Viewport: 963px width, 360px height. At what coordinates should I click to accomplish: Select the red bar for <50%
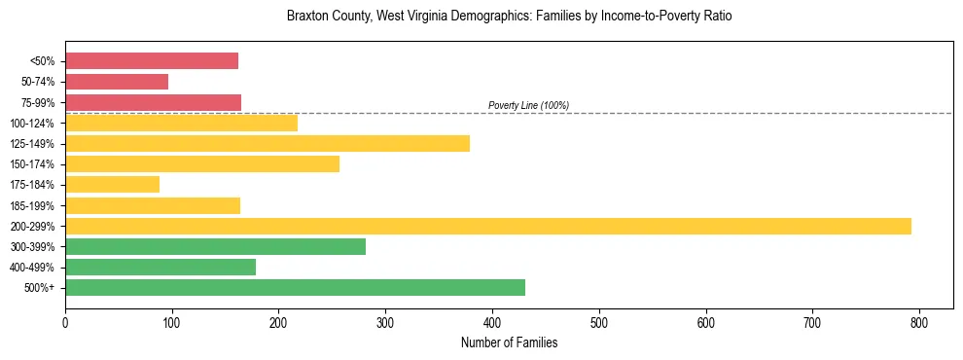[152, 61]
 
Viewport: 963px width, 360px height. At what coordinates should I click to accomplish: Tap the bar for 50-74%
[117, 82]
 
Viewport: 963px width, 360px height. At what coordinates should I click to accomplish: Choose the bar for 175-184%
[112, 184]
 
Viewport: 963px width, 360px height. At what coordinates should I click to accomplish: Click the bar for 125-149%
[267, 143]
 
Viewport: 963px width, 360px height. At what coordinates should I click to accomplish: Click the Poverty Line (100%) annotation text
[528, 105]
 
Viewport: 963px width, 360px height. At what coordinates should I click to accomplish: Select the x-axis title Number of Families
[509, 342]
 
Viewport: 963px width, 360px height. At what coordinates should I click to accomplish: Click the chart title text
[509, 17]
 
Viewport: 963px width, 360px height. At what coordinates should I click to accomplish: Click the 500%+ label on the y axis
[40, 288]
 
